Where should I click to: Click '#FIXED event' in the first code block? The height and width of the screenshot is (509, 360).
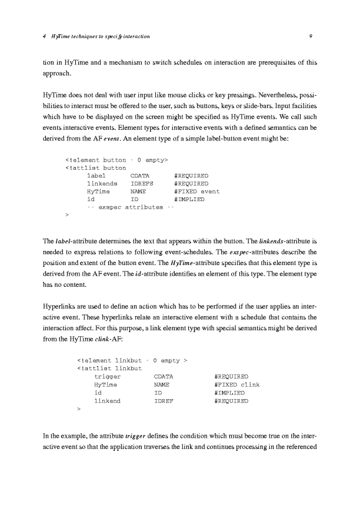(x=197, y=192)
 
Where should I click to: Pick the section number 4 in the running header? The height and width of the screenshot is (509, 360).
(x=45, y=37)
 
